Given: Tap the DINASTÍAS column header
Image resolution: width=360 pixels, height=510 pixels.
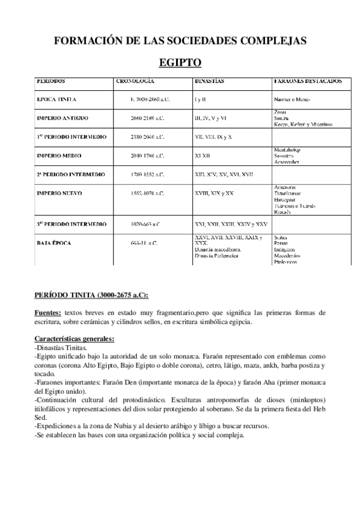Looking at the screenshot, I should (210, 80).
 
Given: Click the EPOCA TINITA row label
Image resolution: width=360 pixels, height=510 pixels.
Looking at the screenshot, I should (56, 99).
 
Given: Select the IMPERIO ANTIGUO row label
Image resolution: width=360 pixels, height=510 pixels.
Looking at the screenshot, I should (63, 118).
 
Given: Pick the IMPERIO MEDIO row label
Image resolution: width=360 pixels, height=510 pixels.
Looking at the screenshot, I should (59, 156).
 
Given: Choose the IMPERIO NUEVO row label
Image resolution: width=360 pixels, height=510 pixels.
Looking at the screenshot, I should (59, 193).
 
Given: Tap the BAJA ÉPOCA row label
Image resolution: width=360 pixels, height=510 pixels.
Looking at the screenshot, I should (55, 244).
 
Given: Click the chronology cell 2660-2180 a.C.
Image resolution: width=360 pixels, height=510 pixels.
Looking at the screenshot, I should (147, 118).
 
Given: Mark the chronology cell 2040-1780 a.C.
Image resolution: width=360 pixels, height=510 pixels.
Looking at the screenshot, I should (147, 156).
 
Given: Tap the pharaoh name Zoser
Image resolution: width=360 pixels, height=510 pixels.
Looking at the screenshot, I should (279, 112).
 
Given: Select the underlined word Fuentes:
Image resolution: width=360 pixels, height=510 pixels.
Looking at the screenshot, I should (47, 313).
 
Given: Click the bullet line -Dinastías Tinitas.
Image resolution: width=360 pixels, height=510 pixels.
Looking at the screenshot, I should (61, 348).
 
